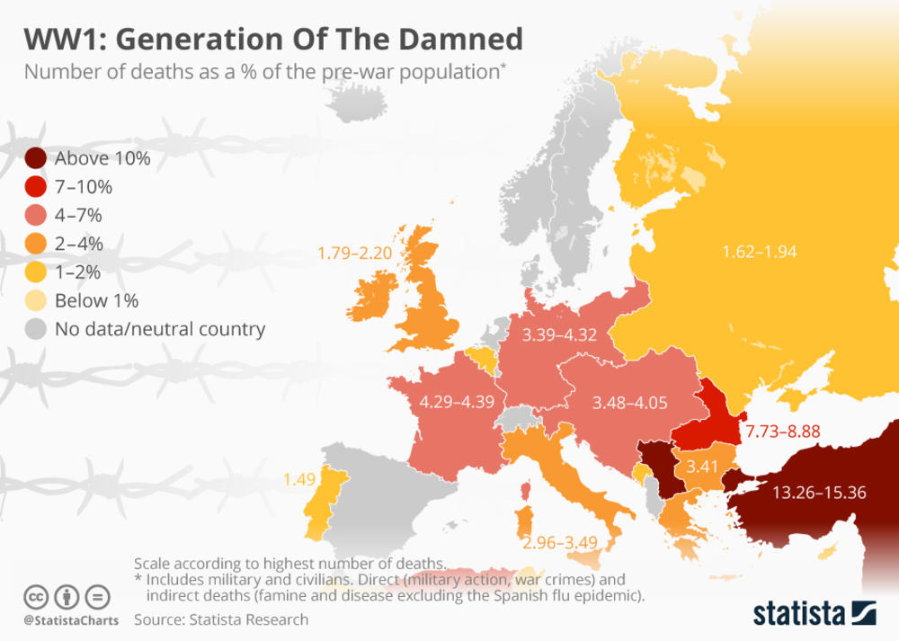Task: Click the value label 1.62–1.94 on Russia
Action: pyautogui.click(x=761, y=252)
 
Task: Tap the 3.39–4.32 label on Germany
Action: pyautogui.click(x=559, y=336)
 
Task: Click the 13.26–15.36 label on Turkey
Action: pyautogui.click(x=819, y=492)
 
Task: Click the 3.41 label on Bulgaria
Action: pyautogui.click(x=702, y=467)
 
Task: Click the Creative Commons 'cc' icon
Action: pyautogui.click(x=36, y=596)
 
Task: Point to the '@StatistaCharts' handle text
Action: pyautogui.click(x=66, y=620)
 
